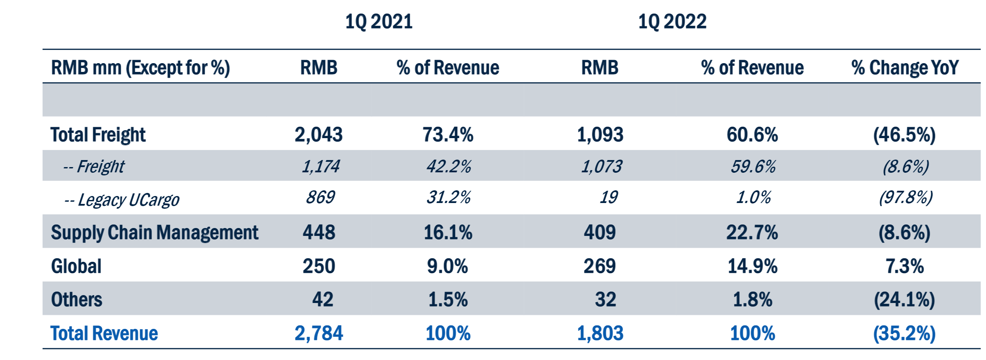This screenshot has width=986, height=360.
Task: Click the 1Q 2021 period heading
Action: (x=379, y=21)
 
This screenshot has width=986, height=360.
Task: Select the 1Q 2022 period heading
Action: (x=672, y=21)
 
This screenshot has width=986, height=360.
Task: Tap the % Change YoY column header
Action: (x=905, y=68)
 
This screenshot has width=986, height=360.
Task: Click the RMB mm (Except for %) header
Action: (x=140, y=68)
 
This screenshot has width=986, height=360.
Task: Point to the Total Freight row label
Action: (x=98, y=135)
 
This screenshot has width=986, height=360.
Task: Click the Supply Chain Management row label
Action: (x=154, y=232)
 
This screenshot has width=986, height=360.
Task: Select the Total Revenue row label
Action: (x=104, y=333)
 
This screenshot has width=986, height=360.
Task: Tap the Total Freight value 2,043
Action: (x=318, y=135)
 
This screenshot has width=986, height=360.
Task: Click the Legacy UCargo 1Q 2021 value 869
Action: (x=320, y=197)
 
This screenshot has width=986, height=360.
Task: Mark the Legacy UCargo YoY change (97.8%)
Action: (x=905, y=198)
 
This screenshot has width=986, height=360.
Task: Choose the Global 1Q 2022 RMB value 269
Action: (x=600, y=266)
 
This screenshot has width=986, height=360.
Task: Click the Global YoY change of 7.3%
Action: (x=904, y=266)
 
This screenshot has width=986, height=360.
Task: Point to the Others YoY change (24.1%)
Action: (x=904, y=300)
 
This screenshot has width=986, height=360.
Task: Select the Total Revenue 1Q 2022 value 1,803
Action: (x=600, y=333)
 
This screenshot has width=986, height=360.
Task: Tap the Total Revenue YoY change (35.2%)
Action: (x=904, y=333)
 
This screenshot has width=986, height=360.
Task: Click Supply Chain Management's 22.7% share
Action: (x=752, y=232)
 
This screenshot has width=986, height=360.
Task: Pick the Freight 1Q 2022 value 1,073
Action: (x=601, y=167)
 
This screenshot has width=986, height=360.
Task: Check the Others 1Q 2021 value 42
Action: (x=322, y=300)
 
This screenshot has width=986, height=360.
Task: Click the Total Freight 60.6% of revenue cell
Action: (x=752, y=135)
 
